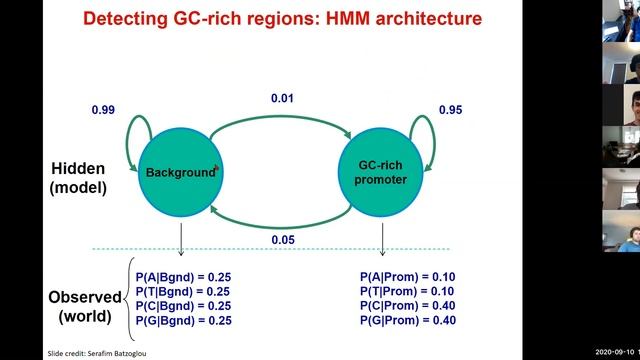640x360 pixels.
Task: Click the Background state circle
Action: tap(180, 172)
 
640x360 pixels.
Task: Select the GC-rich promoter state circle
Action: tap(382, 172)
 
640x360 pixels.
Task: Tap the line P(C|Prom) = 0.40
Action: tap(408, 305)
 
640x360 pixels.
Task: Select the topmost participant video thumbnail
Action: tap(621, 21)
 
